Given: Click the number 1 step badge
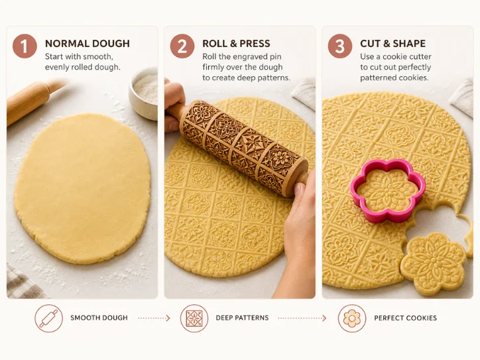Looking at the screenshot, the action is coord(25,46).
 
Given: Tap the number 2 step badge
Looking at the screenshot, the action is coord(182,46).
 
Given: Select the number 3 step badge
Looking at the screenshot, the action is coord(340,46).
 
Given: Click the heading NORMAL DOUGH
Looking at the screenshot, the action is coord(88,44).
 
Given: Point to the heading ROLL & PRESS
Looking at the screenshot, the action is coord(236,44).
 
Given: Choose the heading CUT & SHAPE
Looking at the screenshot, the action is coord(392,44).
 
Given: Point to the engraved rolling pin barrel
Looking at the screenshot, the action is coord(243,147).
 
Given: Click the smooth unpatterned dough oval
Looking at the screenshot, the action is coord(82,188).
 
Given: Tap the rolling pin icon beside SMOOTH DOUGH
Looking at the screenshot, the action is coord(48,318).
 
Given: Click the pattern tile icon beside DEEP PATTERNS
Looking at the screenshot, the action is coord(194,318).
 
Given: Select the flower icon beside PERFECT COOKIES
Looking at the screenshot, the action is coord(352,318).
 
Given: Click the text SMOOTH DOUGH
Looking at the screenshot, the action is coord(99,318).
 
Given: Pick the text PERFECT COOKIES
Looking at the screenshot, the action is coord(405,318).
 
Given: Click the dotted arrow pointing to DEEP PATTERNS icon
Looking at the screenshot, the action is coord(154,318).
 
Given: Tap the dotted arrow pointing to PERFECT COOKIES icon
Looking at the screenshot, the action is coord(302,318).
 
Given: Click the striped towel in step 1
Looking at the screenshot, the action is coord(21,283).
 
